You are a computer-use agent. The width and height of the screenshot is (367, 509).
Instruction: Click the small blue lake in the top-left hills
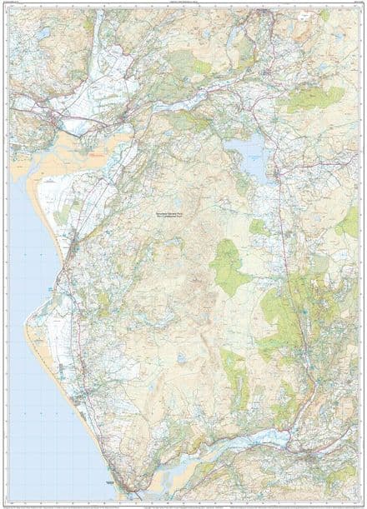point(42,33)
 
